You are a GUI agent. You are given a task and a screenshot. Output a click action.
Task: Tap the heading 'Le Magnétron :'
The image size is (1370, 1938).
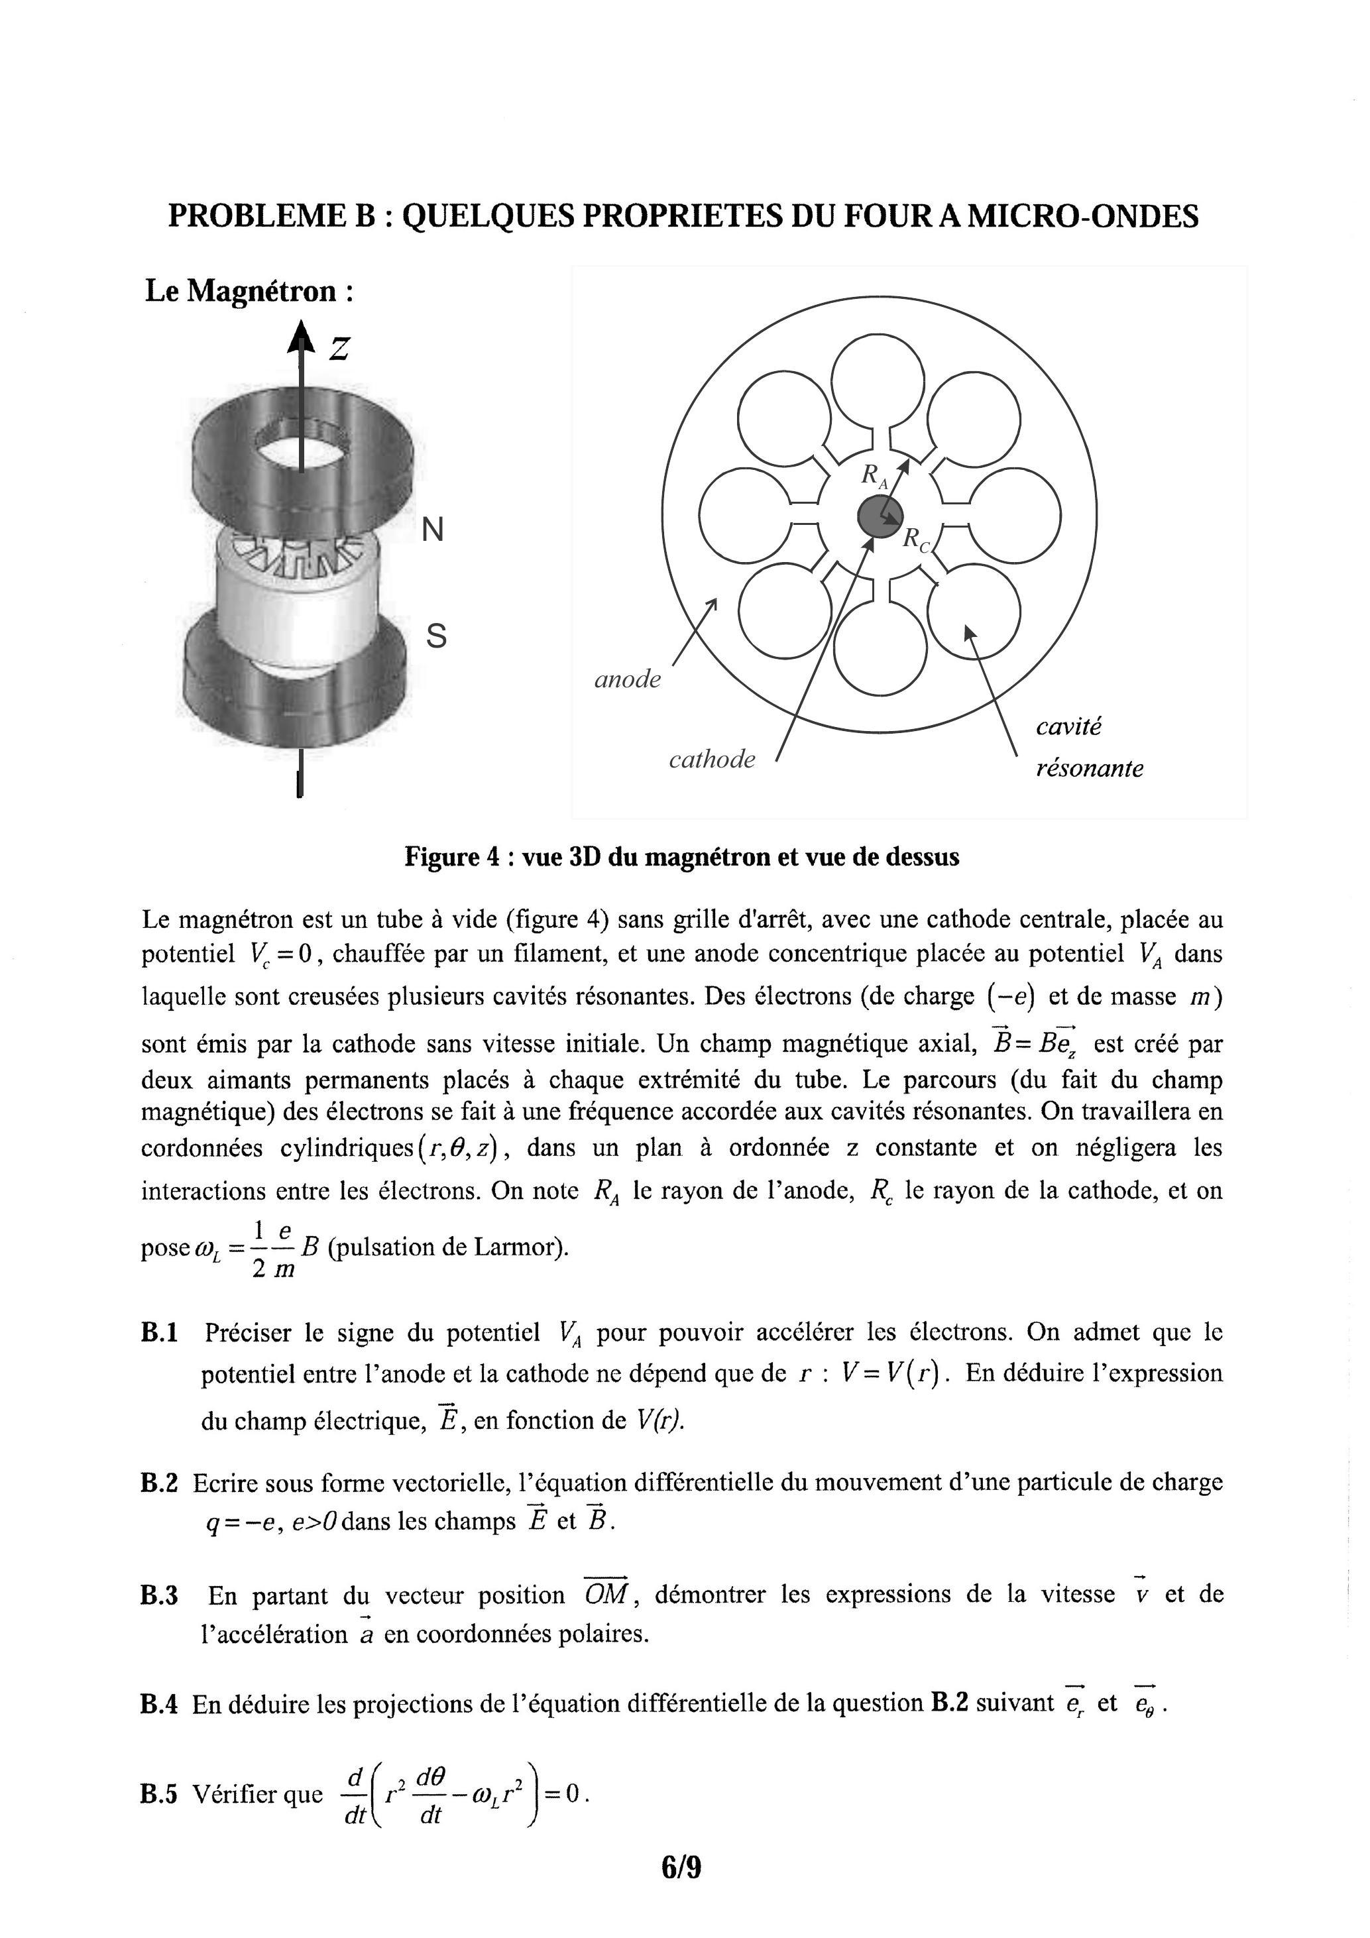pyautogui.click(x=249, y=291)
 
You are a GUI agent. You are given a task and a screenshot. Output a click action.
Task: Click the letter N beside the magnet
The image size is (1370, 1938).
pyautogui.click(x=432, y=530)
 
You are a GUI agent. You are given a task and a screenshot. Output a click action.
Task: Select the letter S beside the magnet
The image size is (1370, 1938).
pyautogui.click(x=435, y=635)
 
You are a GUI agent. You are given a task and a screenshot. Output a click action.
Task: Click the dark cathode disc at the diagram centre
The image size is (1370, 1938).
pyautogui.click(x=880, y=516)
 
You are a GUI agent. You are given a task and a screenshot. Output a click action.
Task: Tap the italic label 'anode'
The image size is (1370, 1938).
pyautogui.click(x=627, y=679)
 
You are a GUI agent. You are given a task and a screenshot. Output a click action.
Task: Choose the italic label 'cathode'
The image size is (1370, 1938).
pyautogui.click(x=712, y=760)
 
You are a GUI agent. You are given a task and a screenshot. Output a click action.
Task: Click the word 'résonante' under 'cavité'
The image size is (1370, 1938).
pyautogui.click(x=1089, y=768)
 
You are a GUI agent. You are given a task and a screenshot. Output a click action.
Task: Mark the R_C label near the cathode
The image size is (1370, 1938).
pyautogui.click(x=916, y=540)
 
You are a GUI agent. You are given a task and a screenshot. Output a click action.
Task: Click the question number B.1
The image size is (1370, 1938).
pyautogui.click(x=160, y=1333)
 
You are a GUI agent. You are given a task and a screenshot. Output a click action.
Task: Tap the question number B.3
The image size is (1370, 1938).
pyautogui.click(x=160, y=1595)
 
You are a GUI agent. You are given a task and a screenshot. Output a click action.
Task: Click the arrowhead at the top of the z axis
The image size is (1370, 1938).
pyautogui.click(x=299, y=337)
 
